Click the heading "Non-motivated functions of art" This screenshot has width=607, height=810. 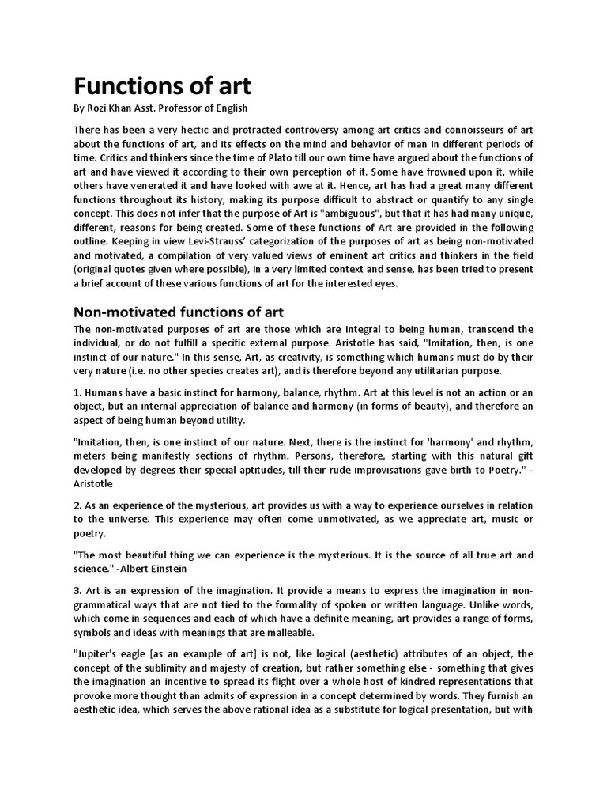click(179, 312)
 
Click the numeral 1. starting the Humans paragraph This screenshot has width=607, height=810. click(77, 392)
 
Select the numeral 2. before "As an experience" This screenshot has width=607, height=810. click(77, 505)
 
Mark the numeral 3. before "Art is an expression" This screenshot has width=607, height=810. click(77, 591)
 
